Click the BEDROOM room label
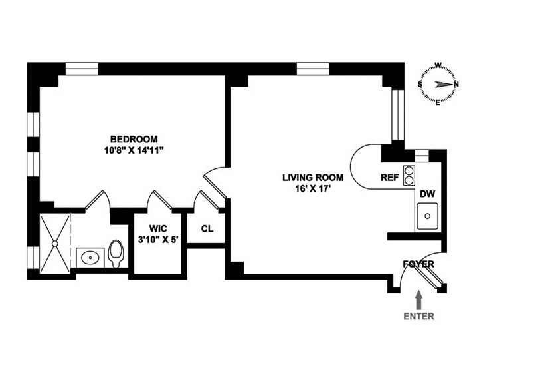pos(134,139)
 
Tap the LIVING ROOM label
pos(312,178)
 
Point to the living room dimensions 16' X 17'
pos(312,189)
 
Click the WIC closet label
pos(157,228)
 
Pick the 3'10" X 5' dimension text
pos(157,239)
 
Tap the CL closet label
pos(207,228)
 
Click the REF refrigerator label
pos(389,178)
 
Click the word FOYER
pos(418,264)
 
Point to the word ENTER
pos(419,317)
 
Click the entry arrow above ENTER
pos(419,298)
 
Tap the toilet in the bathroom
pos(116,254)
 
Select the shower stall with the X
pos(54,244)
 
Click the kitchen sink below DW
pos(428,216)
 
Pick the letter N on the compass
pos(456,84)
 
